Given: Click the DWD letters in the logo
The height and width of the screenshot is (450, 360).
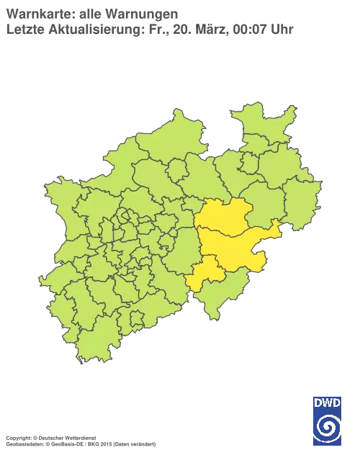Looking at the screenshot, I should pyautogui.click(x=328, y=401).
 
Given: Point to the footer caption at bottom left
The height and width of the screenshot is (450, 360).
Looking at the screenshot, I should pyautogui.click(x=79, y=437).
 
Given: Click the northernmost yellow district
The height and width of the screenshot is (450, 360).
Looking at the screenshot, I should pyautogui.click(x=223, y=218).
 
